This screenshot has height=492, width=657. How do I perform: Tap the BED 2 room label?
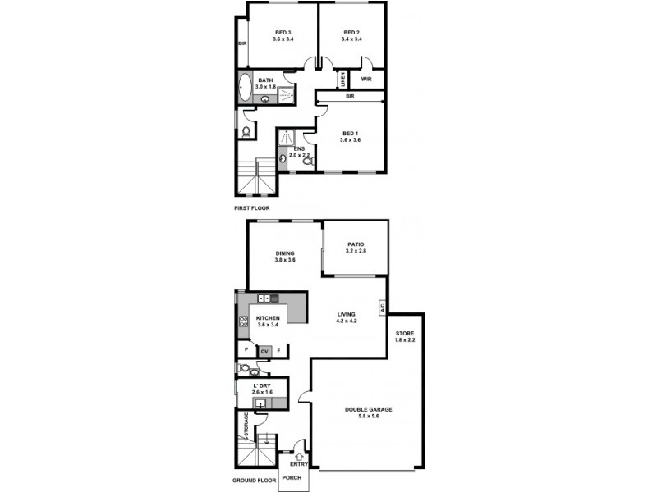coord(352,33)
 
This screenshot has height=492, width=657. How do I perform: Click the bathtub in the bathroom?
coord(246,86)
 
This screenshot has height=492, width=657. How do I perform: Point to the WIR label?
coord(367,80)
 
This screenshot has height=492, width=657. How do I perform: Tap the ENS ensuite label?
coord(300,149)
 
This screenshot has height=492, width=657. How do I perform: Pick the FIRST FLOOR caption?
coord(252,208)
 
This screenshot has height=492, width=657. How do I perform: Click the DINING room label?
coord(285,253)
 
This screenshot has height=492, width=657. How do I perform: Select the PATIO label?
coord(355,244)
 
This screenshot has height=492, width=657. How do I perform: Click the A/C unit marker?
coord(382,308)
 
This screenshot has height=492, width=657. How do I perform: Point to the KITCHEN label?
coord(269,318)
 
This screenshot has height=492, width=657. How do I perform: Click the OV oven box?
coord(264,350)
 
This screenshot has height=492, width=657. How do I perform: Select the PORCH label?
coord(292,477)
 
